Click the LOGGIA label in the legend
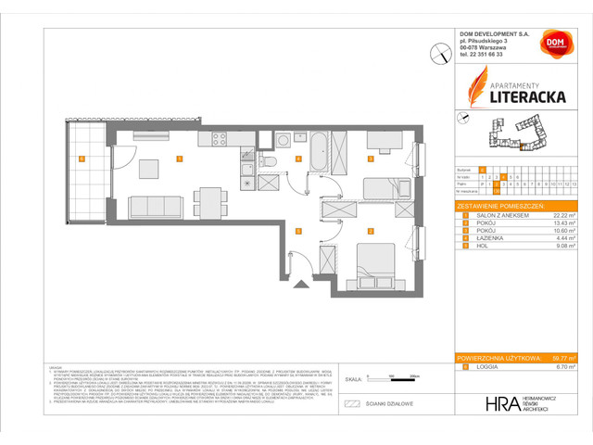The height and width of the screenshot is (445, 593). [485, 367]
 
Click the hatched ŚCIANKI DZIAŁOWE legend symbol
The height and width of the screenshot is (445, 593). [351, 404]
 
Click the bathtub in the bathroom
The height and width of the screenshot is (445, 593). [315, 152]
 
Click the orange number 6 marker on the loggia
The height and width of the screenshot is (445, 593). [82, 159]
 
